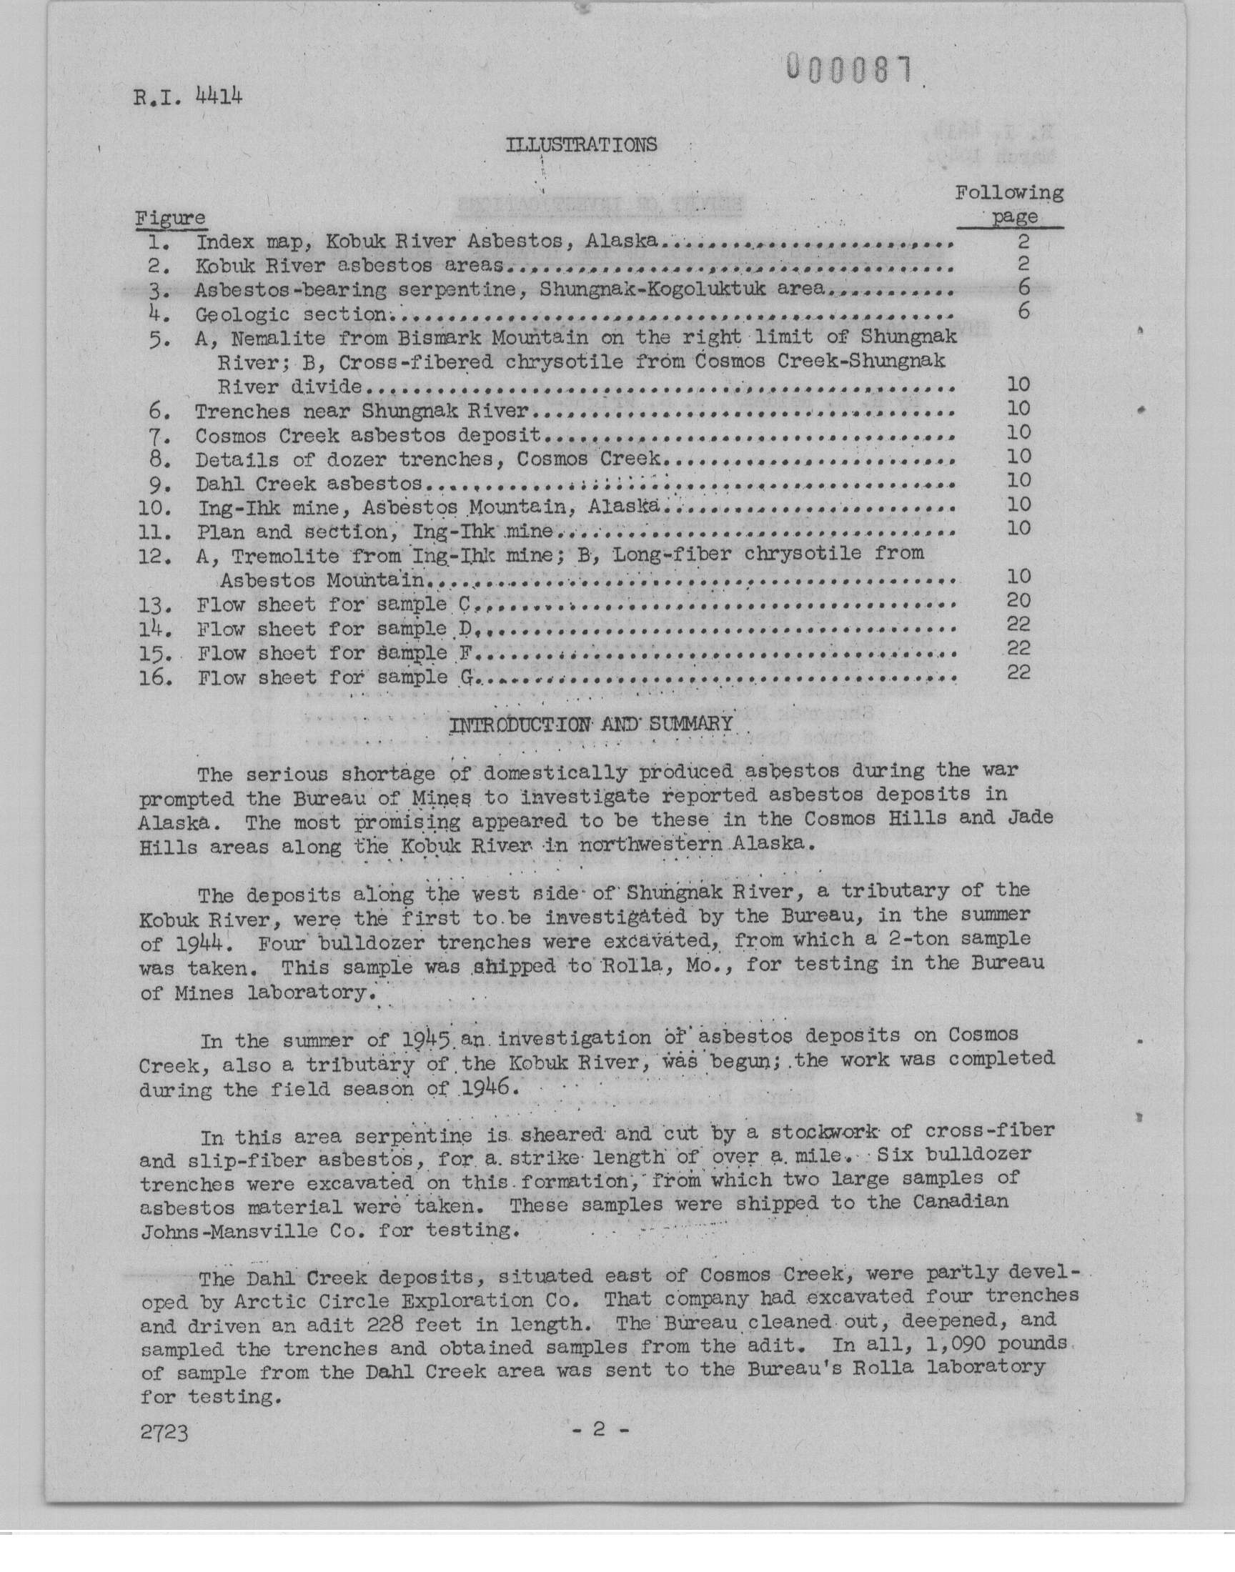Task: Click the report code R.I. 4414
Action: (x=187, y=96)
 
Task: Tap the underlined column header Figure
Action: (x=171, y=217)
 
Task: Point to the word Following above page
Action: (x=1008, y=193)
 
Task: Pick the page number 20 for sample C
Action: (x=1018, y=600)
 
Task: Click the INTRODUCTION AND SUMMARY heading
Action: (x=591, y=724)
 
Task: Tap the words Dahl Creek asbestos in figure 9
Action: (x=309, y=484)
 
